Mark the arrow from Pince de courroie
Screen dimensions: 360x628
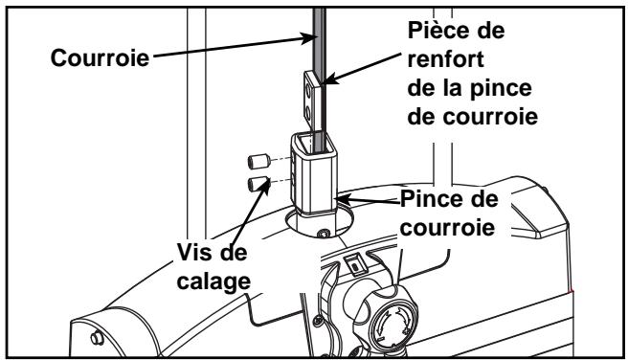click(369, 202)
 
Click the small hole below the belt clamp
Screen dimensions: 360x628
click(324, 230)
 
